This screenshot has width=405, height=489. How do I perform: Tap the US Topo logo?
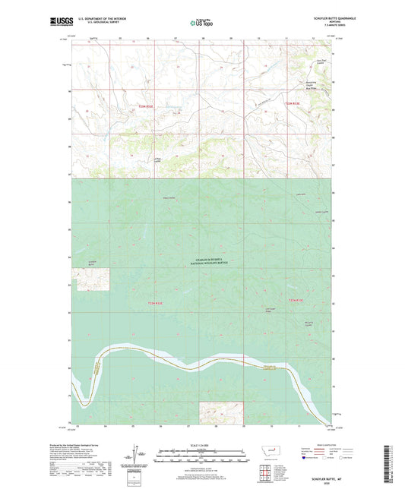(x=202, y=23)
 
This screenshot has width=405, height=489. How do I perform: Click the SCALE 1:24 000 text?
(x=202, y=445)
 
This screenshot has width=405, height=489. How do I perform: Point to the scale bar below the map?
(x=202, y=456)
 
